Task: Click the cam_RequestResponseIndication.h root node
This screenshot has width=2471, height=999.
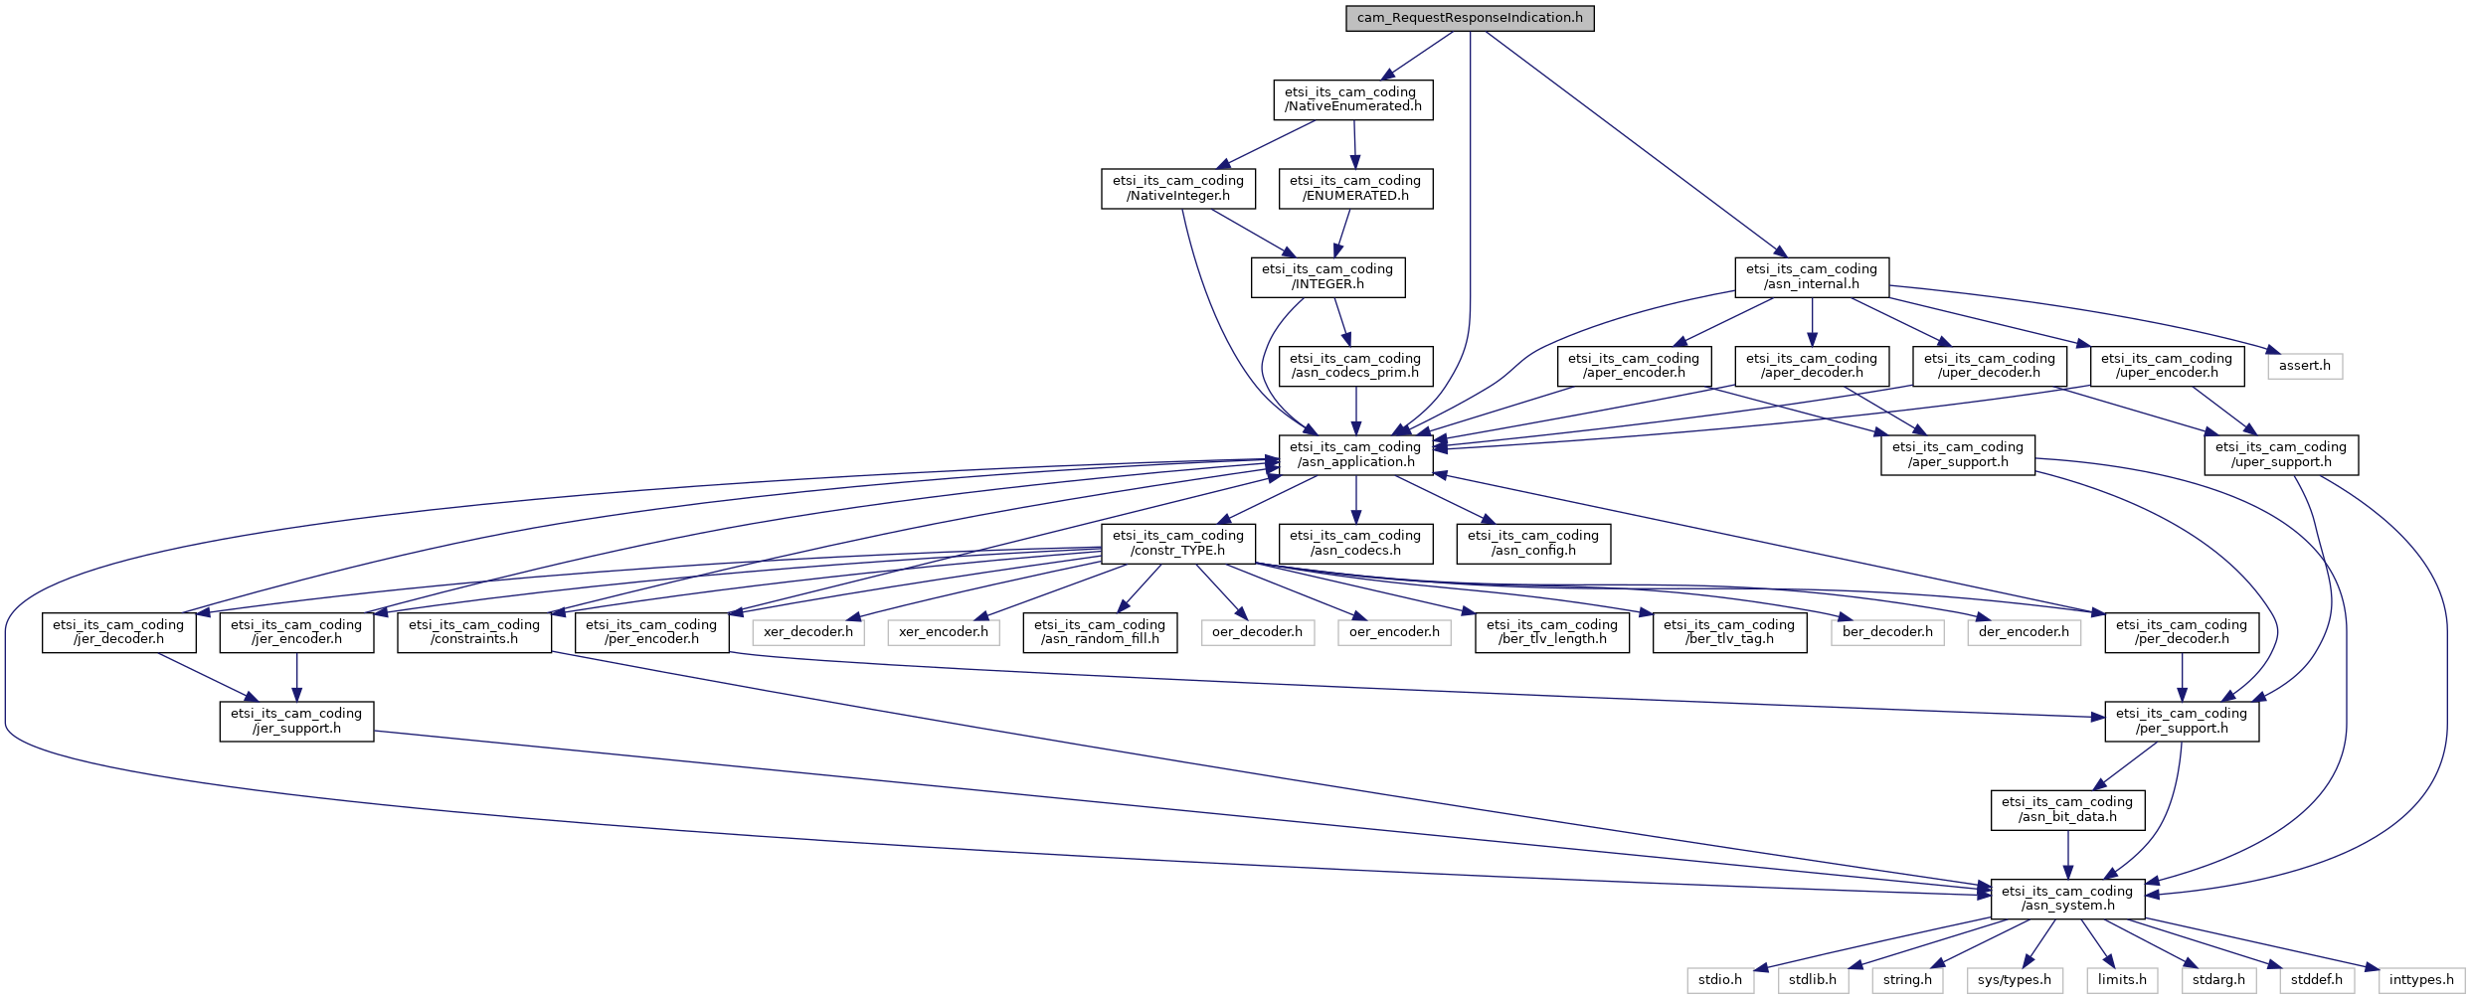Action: pos(1470,18)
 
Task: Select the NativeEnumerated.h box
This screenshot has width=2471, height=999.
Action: pos(1353,99)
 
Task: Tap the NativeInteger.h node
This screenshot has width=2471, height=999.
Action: pos(1178,189)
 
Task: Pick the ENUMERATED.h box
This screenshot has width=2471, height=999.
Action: pos(1355,189)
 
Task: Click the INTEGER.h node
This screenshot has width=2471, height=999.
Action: pos(1327,277)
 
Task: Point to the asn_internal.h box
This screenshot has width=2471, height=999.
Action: pos(1812,277)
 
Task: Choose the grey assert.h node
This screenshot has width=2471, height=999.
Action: pos(2305,366)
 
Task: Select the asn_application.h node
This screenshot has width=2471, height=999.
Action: pos(1355,454)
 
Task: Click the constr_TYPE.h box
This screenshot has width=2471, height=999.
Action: pos(1178,544)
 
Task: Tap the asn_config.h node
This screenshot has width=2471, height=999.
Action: pos(1533,544)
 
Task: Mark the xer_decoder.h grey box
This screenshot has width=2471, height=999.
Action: pos(808,632)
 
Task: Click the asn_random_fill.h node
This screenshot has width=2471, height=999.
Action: pos(1100,632)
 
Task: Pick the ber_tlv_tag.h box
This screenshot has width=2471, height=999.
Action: pos(1729,632)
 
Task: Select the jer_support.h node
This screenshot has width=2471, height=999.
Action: pos(296,722)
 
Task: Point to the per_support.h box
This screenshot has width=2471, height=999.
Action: pos(2182,722)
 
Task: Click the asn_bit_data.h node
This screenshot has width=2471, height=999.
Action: pos(2067,810)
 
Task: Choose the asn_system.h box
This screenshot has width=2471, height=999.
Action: pos(2067,899)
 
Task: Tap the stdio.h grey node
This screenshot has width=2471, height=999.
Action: pos(1720,980)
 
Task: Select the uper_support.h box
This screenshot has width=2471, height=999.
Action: pos(2281,454)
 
